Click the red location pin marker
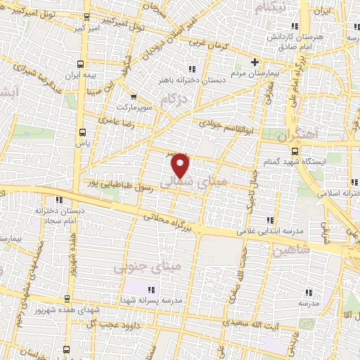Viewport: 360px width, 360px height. point(181,165)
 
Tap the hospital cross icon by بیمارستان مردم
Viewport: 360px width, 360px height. point(255,62)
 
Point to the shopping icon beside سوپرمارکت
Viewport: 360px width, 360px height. point(134,97)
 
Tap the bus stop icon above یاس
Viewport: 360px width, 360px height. point(84,131)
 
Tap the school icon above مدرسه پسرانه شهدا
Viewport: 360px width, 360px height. point(150,288)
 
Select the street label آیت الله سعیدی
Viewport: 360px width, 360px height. point(244,322)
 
